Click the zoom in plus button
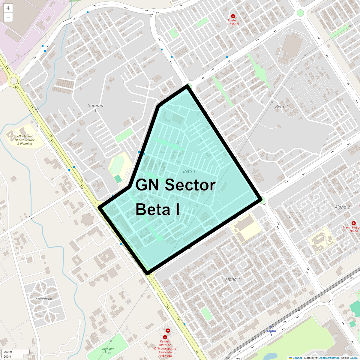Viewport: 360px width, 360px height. tap(8, 8)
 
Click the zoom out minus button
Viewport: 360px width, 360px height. tap(8, 17)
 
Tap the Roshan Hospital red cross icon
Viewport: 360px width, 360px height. tap(233, 16)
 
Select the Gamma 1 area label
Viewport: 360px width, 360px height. tap(95, 108)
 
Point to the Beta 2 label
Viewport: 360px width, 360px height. tap(281, 106)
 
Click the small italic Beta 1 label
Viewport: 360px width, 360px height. tap(189, 171)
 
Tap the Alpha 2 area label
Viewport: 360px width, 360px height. tap(342, 207)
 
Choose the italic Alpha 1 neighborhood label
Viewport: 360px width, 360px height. tap(232, 279)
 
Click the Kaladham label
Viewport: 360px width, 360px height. tap(44, 299)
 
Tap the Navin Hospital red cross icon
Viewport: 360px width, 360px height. tap(354, 223)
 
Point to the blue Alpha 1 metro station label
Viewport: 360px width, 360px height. tap(271, 333)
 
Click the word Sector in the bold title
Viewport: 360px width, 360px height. tap(190, 185)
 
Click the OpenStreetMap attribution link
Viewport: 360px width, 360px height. tap(329, 358)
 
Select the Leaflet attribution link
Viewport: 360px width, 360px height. tap(297, 358)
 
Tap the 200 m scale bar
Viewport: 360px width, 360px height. tap(12, 352)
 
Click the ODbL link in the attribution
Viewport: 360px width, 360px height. tap(353, 358)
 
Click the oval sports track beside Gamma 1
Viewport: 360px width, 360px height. tap(117, 165)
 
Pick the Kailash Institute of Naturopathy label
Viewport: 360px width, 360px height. tap(165, 349)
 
